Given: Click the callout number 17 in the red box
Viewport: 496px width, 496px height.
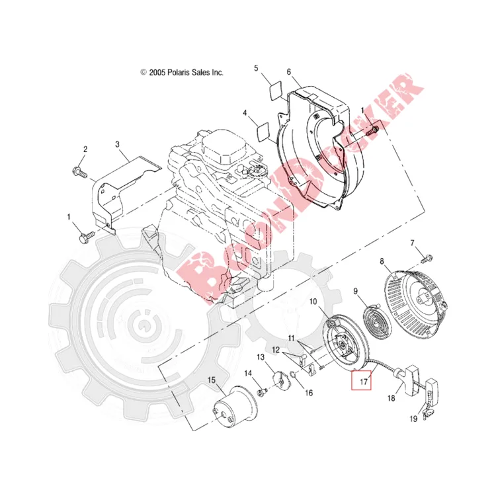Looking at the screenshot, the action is point(364,382).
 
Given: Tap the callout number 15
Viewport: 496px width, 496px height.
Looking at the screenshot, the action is point(212,380).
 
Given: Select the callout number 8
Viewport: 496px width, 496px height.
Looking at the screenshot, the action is point(382,262).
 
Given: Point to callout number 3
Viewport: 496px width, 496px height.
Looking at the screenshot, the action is point(117,145).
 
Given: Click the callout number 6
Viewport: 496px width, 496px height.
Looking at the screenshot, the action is point(288,72).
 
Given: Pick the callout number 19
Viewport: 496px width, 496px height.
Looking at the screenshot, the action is point(413,419).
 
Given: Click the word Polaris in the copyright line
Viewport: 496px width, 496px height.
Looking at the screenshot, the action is point(179,73).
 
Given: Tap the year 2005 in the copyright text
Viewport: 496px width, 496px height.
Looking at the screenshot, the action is point(157,73).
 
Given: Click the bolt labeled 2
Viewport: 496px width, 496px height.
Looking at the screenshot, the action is point(79,173).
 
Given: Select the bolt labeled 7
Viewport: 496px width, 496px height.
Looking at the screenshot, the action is point(427,259).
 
